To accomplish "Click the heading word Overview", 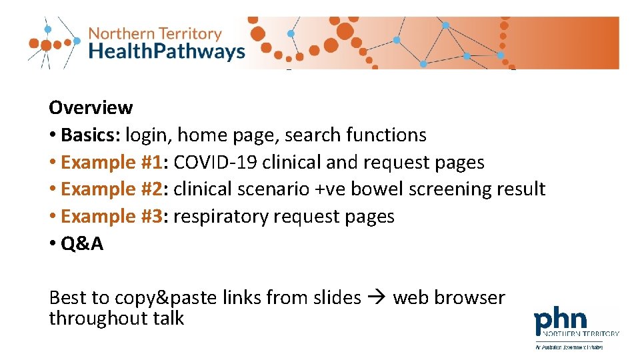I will [x=91, y=107].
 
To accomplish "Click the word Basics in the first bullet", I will [x=89, y=135].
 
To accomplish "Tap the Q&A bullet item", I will [x=82, y=244].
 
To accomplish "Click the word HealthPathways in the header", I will [x=167, y=51].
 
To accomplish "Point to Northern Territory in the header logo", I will [x=154, y=33].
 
